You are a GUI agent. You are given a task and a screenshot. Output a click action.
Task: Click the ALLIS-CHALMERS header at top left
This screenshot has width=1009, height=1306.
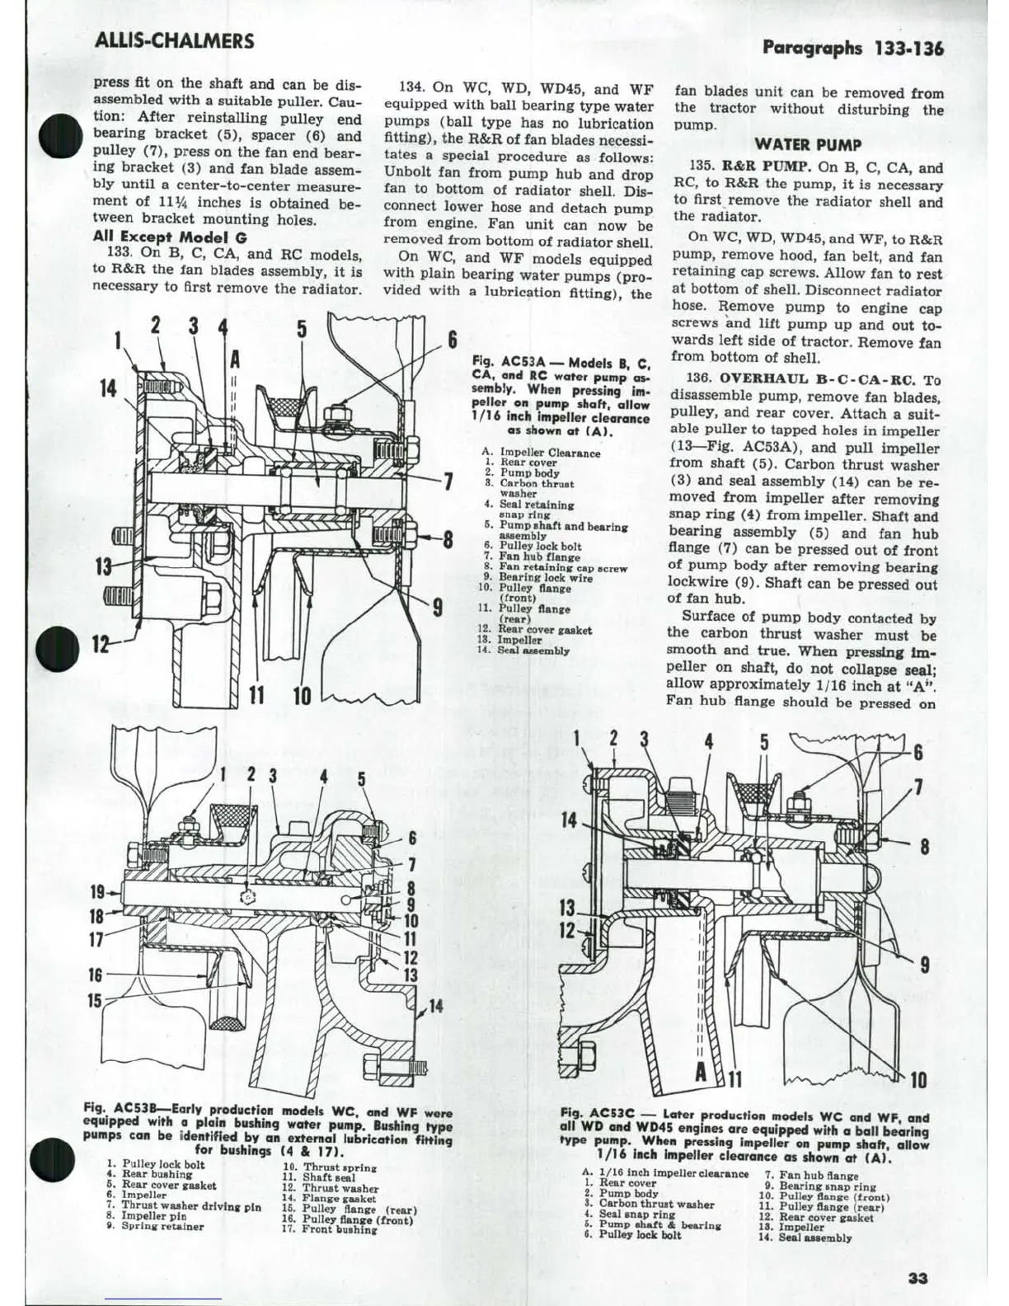tap(174, 40)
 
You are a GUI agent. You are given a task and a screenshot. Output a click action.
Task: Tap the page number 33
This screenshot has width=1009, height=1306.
tap(917, 1278)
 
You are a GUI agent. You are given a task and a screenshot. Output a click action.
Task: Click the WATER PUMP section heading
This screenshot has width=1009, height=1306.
tap(808, 145)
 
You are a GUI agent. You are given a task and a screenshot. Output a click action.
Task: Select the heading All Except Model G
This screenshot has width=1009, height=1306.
tap(169, 237)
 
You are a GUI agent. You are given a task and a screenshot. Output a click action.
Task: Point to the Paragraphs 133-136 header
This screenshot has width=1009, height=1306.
tap(853, 48)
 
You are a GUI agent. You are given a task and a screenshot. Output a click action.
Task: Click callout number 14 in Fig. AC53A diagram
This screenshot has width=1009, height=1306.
tap(109, 388)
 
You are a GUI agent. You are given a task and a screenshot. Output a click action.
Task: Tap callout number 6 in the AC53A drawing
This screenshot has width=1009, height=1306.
tap(453, 340)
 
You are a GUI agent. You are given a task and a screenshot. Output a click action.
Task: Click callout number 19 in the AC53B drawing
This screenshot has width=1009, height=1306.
tap(98, 892)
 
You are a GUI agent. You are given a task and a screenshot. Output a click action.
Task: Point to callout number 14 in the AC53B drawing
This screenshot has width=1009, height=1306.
tap(435, 1006)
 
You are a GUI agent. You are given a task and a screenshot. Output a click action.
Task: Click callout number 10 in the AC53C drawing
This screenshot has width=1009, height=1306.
tap(917, 1079)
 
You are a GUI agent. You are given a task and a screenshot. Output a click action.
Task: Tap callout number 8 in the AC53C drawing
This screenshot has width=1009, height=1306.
tap(925, 847)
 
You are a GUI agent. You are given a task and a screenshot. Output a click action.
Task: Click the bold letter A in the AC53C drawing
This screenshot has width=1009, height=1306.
tap(701, 1073)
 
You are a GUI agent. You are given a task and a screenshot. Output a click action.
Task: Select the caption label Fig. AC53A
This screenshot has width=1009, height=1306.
tap(508, 362)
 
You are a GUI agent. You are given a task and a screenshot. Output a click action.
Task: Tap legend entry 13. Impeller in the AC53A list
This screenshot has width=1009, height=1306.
tap(520, 640)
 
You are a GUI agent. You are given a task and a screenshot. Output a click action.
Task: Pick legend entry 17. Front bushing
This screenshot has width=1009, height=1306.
tap(329, 1229)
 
